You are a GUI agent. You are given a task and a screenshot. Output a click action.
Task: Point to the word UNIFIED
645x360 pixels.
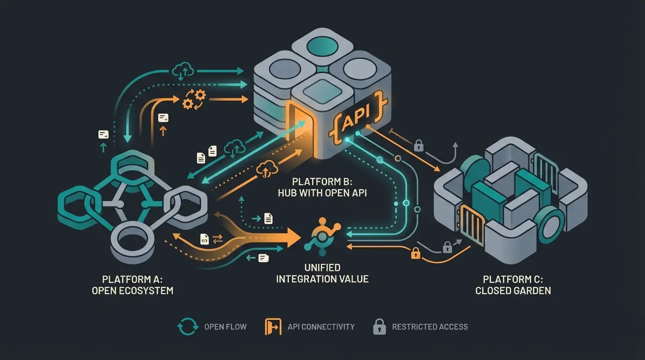pyautogui.click(x=322, y=268)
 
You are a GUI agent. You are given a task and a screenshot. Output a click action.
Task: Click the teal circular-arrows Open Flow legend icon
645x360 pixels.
pyautogui.click(x=187, y=327)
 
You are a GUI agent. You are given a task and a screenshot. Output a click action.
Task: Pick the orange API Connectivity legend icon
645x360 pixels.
pyautogui.click(x=273, y=327)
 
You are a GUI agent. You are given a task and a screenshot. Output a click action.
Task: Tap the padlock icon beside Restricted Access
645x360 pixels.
pyautogui.click(x=379, y=326)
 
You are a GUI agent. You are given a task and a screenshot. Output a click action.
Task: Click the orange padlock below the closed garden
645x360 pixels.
pyautogui.click(x=415, y=253)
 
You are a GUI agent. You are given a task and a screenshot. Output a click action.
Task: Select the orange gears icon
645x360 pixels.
pyautogui.click(x=194, y=99)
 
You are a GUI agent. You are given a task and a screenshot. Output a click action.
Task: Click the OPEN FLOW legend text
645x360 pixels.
pyautogui.click(x=225, y=327)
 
